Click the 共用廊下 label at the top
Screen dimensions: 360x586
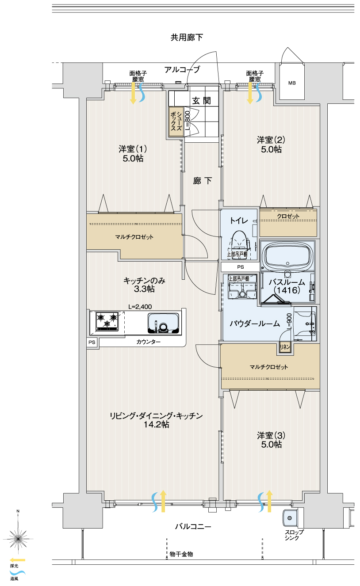click(187, 38)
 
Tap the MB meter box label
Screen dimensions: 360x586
click(292, 83)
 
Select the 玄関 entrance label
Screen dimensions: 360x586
click(201, 100)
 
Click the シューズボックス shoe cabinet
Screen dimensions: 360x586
click(176, 122)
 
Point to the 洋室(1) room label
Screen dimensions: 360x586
click(133, 149)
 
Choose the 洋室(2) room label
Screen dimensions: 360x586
click(271, 140)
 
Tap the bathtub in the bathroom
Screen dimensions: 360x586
click(288, 255)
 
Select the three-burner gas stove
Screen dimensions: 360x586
click(107, 321)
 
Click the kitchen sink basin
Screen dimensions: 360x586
click(164, 323)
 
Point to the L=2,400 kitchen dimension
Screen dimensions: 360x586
click(140, 307)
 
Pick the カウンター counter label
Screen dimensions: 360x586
click(149, 342)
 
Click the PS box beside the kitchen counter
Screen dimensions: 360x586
click(92, 342)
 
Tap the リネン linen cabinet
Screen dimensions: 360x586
click(285, 347)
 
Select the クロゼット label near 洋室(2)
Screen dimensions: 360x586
click(288, 216)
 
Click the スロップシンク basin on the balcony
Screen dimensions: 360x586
click(290, 518)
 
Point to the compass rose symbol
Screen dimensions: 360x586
click(18, 539)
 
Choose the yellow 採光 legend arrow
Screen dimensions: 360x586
click(18, 567)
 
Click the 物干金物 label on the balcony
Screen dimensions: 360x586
click(181, 554)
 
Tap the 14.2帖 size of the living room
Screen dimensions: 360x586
click(156, 424)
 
